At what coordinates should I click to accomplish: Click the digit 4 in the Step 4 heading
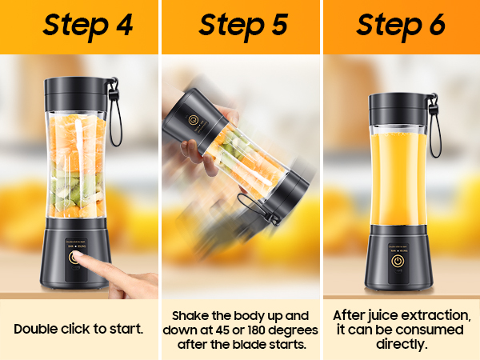(x=125, y=25)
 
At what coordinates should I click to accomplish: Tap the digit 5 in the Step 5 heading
(x=279, y=25)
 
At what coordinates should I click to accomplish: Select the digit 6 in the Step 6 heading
(x=437, y=25)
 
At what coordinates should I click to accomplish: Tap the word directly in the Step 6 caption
(x=402, y=344)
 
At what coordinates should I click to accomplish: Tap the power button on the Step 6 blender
(x=398, y=261)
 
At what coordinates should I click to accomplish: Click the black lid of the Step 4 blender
(x=76, y=94)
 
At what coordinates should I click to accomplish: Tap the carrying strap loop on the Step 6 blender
(x=435, y=129)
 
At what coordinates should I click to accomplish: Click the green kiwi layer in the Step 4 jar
(x=76, y=187)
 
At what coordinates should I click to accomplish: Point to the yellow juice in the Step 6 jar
(x=398, y=179)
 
